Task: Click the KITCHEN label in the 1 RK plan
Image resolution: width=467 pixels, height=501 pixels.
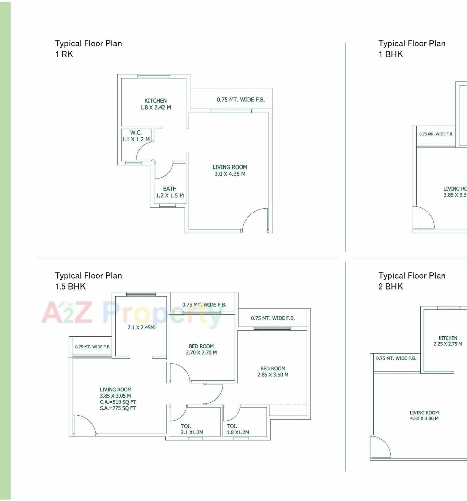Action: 155,101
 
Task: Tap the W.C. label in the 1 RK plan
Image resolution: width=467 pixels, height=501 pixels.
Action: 136,133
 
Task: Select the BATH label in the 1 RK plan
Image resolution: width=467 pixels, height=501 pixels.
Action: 170,189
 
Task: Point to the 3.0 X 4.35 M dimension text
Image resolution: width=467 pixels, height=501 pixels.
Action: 230,174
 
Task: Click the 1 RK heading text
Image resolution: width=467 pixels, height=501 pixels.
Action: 64,54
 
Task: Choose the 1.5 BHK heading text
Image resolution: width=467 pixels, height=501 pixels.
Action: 70,287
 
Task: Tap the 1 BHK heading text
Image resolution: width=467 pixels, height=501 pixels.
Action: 391,54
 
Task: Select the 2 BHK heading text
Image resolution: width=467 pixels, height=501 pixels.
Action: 391,287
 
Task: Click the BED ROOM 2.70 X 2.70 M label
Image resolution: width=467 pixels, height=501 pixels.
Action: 201,349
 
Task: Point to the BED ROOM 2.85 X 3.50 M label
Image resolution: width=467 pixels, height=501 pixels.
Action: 273,372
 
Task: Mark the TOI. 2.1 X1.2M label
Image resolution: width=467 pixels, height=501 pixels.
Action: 192,429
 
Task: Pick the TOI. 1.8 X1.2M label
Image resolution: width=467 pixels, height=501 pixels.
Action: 238,429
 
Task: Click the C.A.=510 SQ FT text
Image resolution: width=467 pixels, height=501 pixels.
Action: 118,402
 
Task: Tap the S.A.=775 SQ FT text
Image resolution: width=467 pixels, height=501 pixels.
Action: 118,408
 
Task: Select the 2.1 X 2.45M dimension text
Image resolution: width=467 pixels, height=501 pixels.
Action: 141,328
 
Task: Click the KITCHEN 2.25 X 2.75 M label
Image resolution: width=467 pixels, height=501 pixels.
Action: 448,341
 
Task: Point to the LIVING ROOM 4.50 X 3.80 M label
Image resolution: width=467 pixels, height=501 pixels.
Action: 424,416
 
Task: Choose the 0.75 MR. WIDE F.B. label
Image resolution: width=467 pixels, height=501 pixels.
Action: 436,134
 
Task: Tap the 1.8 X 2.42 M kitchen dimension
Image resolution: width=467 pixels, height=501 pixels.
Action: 155,108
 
